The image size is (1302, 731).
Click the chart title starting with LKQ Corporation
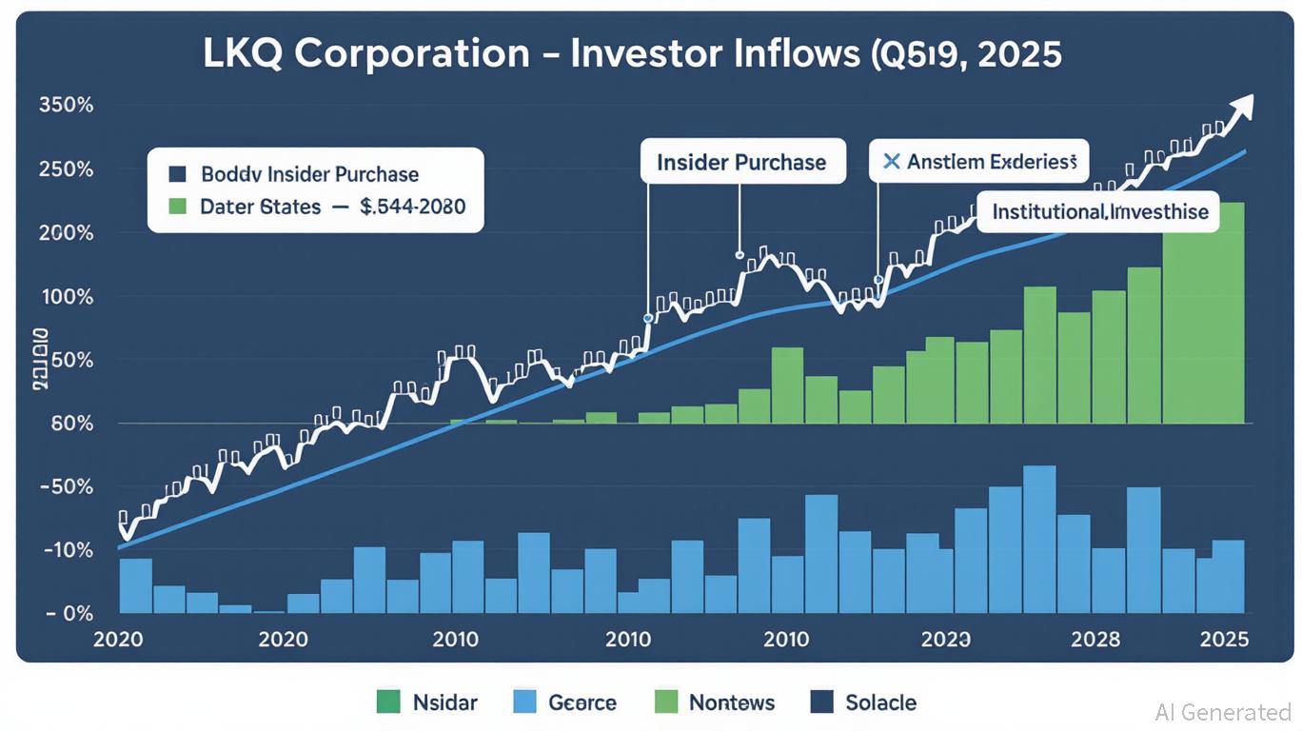[x=632, y=54]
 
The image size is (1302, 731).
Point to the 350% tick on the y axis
[x=66, y=105]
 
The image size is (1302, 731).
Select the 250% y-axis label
[x=66, y=169]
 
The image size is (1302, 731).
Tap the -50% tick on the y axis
[x=67, y=486]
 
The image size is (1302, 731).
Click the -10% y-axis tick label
[x=67, y=550]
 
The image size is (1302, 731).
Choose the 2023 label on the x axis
[x=945, y=639]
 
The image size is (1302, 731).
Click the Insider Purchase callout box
[x=741, y=162]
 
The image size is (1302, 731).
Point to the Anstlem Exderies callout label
[x=979, y=162]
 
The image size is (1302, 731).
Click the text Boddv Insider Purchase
[x=309, y=175]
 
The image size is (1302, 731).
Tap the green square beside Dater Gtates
[x=176, y=206]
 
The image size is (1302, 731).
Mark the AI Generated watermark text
[x=1223, y=711]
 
